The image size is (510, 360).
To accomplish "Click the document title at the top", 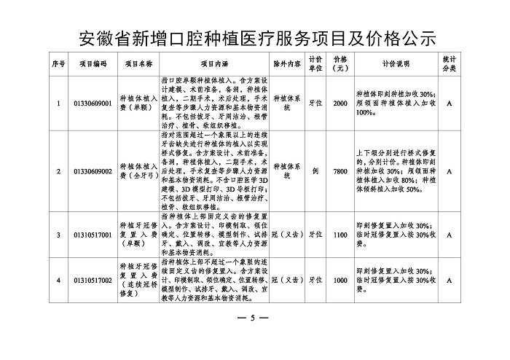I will pyautogui.click(x=255, y=37).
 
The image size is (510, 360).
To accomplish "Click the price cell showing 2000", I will pyautogui.click(x=340, y=103).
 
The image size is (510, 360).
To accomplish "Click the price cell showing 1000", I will pyautogui.click(x=340, y=280).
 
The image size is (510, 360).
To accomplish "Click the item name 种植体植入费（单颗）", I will pyautogui.click(x=136, y=103).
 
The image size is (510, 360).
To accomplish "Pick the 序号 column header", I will pyautogui.click(x=58, y=63).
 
